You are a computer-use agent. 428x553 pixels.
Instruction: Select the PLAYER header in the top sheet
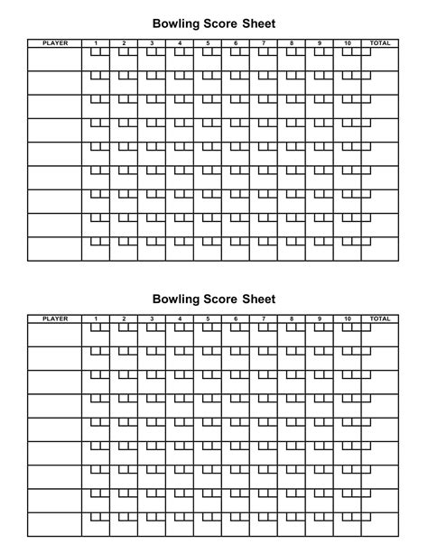click(55, 42)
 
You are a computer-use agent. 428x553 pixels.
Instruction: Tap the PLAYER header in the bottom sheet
click(55, 318)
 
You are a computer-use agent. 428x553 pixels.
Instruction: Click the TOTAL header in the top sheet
click(380, 42)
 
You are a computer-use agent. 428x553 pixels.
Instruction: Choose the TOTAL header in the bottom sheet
click(380, 318)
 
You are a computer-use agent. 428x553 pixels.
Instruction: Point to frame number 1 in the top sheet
click(96, 42)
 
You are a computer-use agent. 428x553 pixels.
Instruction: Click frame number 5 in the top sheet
click(207, 42)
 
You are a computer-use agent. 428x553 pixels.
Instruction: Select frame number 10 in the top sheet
click(347, 42)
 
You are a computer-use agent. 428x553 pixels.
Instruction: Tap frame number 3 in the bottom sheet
click(152, 318)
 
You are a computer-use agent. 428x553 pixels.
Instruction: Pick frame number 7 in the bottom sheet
click(263, 318)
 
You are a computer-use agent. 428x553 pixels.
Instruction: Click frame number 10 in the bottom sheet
click(347, 318)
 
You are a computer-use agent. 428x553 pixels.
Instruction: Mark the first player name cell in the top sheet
click(55, 59)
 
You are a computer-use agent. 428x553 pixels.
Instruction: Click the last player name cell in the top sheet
click(55, 249)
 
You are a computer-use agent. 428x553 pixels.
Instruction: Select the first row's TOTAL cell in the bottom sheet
click(380, 335)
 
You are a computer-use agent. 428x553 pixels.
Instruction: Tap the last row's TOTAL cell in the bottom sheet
click(380, 525)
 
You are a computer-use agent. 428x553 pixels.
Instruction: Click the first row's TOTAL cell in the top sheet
click(380, 59)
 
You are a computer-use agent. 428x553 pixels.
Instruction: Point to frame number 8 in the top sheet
click(291, 42)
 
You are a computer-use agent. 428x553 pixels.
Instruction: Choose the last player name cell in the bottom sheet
click(55, 525)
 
